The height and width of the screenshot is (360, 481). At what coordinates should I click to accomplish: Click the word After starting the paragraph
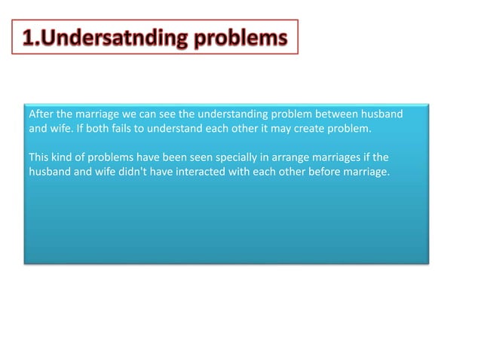[41, 114]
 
